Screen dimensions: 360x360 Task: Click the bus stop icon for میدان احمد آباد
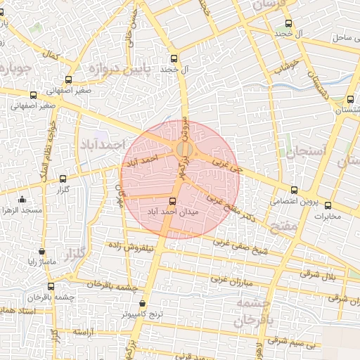(174, 202)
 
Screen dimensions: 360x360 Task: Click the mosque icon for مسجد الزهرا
(22, 199)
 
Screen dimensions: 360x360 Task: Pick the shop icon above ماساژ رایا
(42, 251)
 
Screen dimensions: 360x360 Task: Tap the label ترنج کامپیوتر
(143, 314)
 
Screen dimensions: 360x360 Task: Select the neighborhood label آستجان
(302, 150)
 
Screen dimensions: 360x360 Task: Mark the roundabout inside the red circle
(184, 150)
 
